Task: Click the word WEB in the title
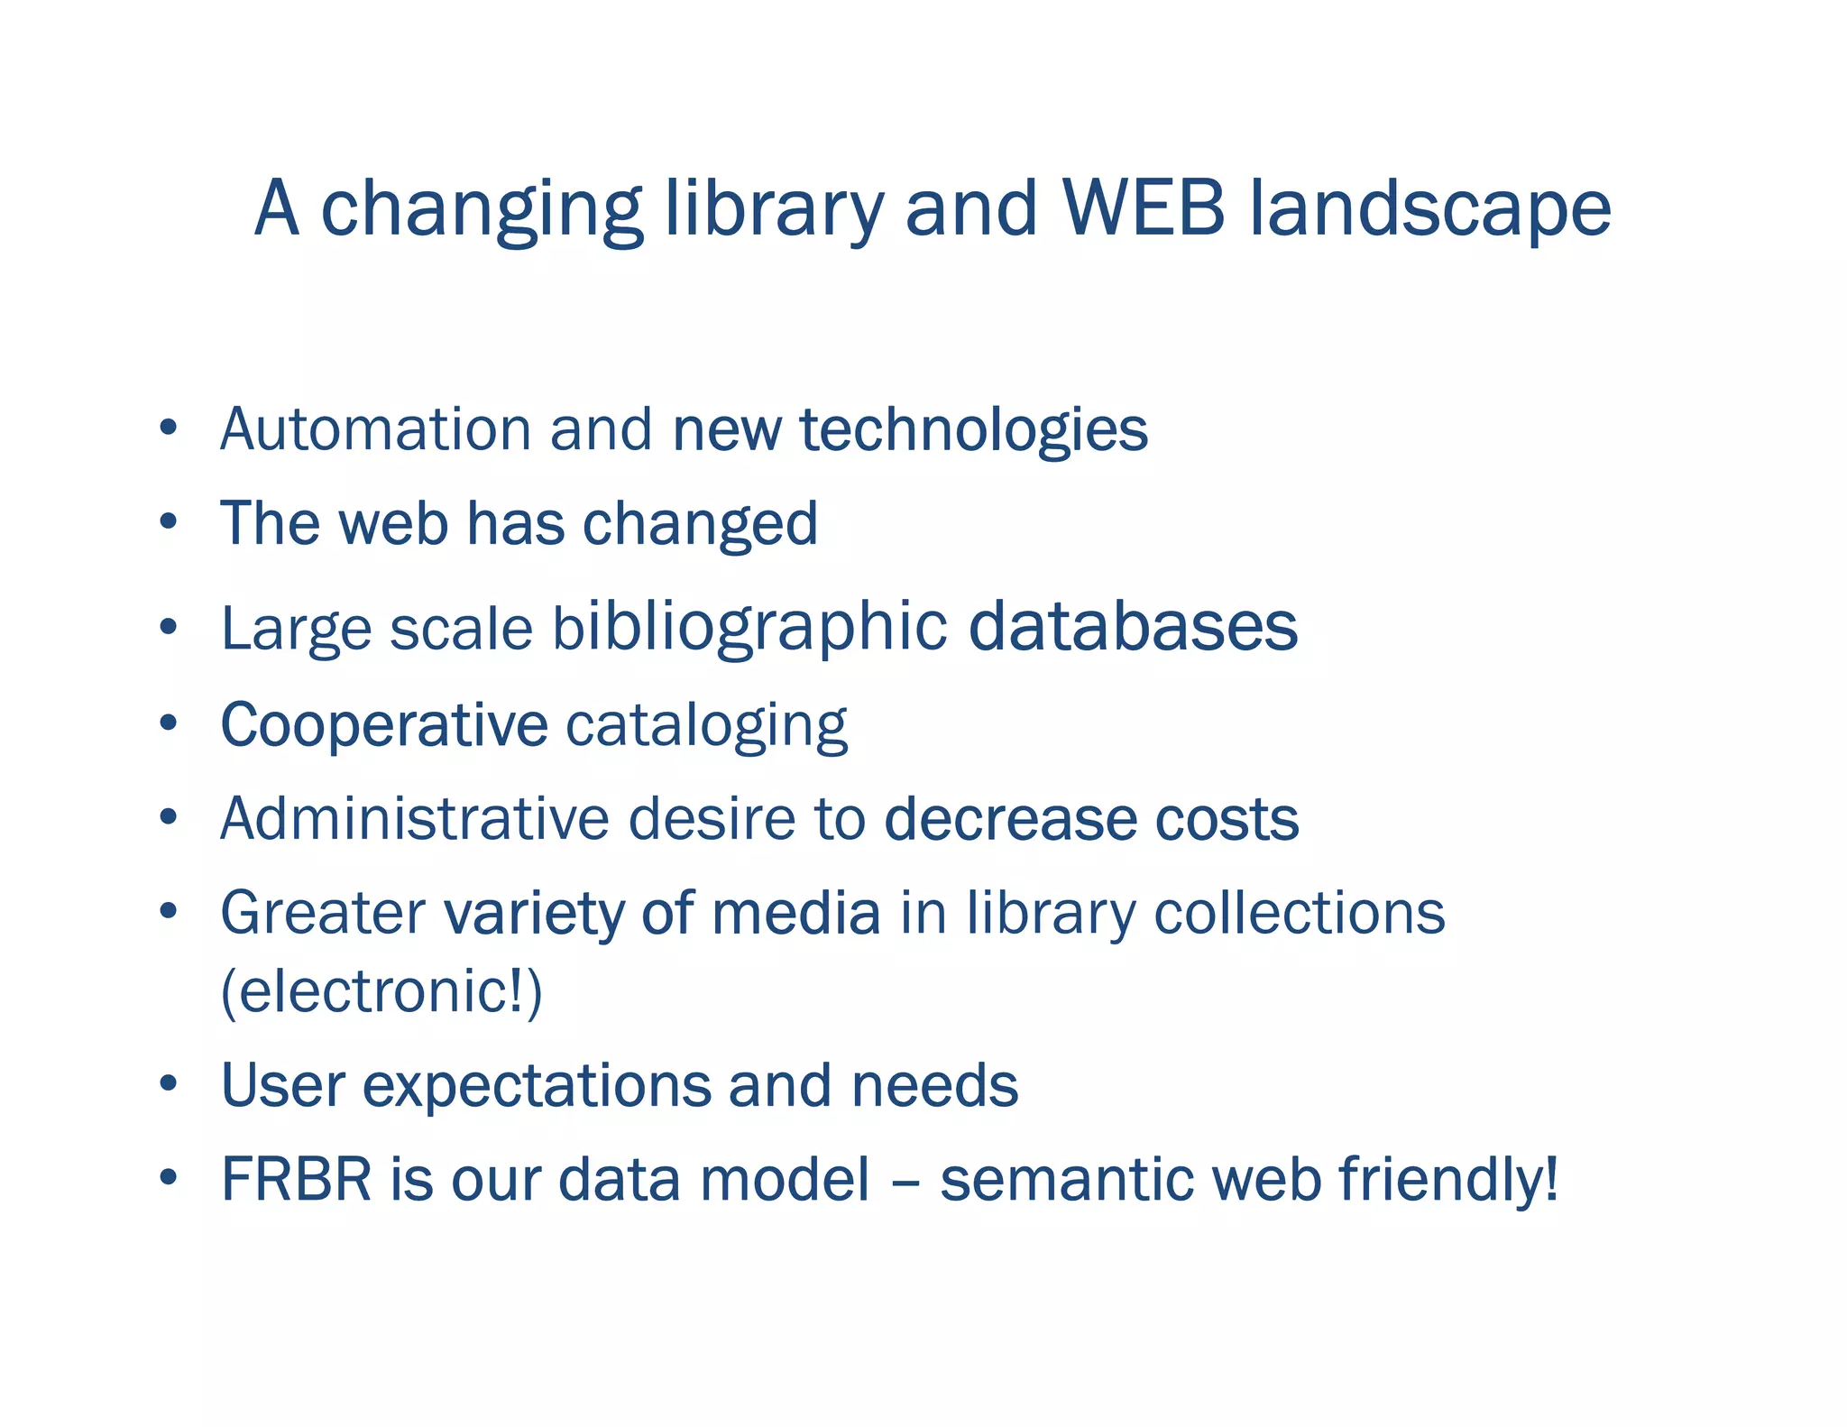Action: pos(1144,208)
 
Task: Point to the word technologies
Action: pos(973,430)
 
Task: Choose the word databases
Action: pos(1133,627)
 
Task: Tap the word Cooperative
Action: pos(384,725)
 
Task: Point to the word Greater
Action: pos(322,913)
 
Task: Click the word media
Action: pos(795,913)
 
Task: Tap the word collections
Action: pos(1299,913)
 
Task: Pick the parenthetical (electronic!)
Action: pos(381,990)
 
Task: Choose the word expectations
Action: pos(536,1086)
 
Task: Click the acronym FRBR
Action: pos(296,1179)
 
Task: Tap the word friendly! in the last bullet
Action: pos(1448,1180)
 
